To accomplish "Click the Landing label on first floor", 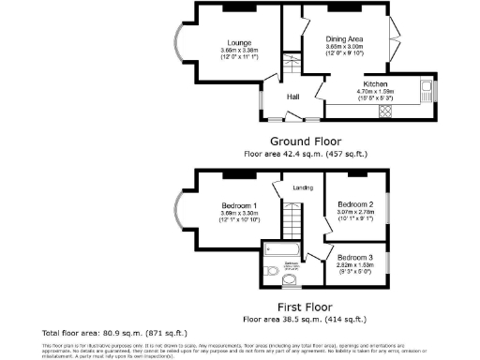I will click(x=303, y=188).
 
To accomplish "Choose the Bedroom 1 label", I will click(x=239, y=205).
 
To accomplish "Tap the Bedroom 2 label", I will click(x=356, y=203).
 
